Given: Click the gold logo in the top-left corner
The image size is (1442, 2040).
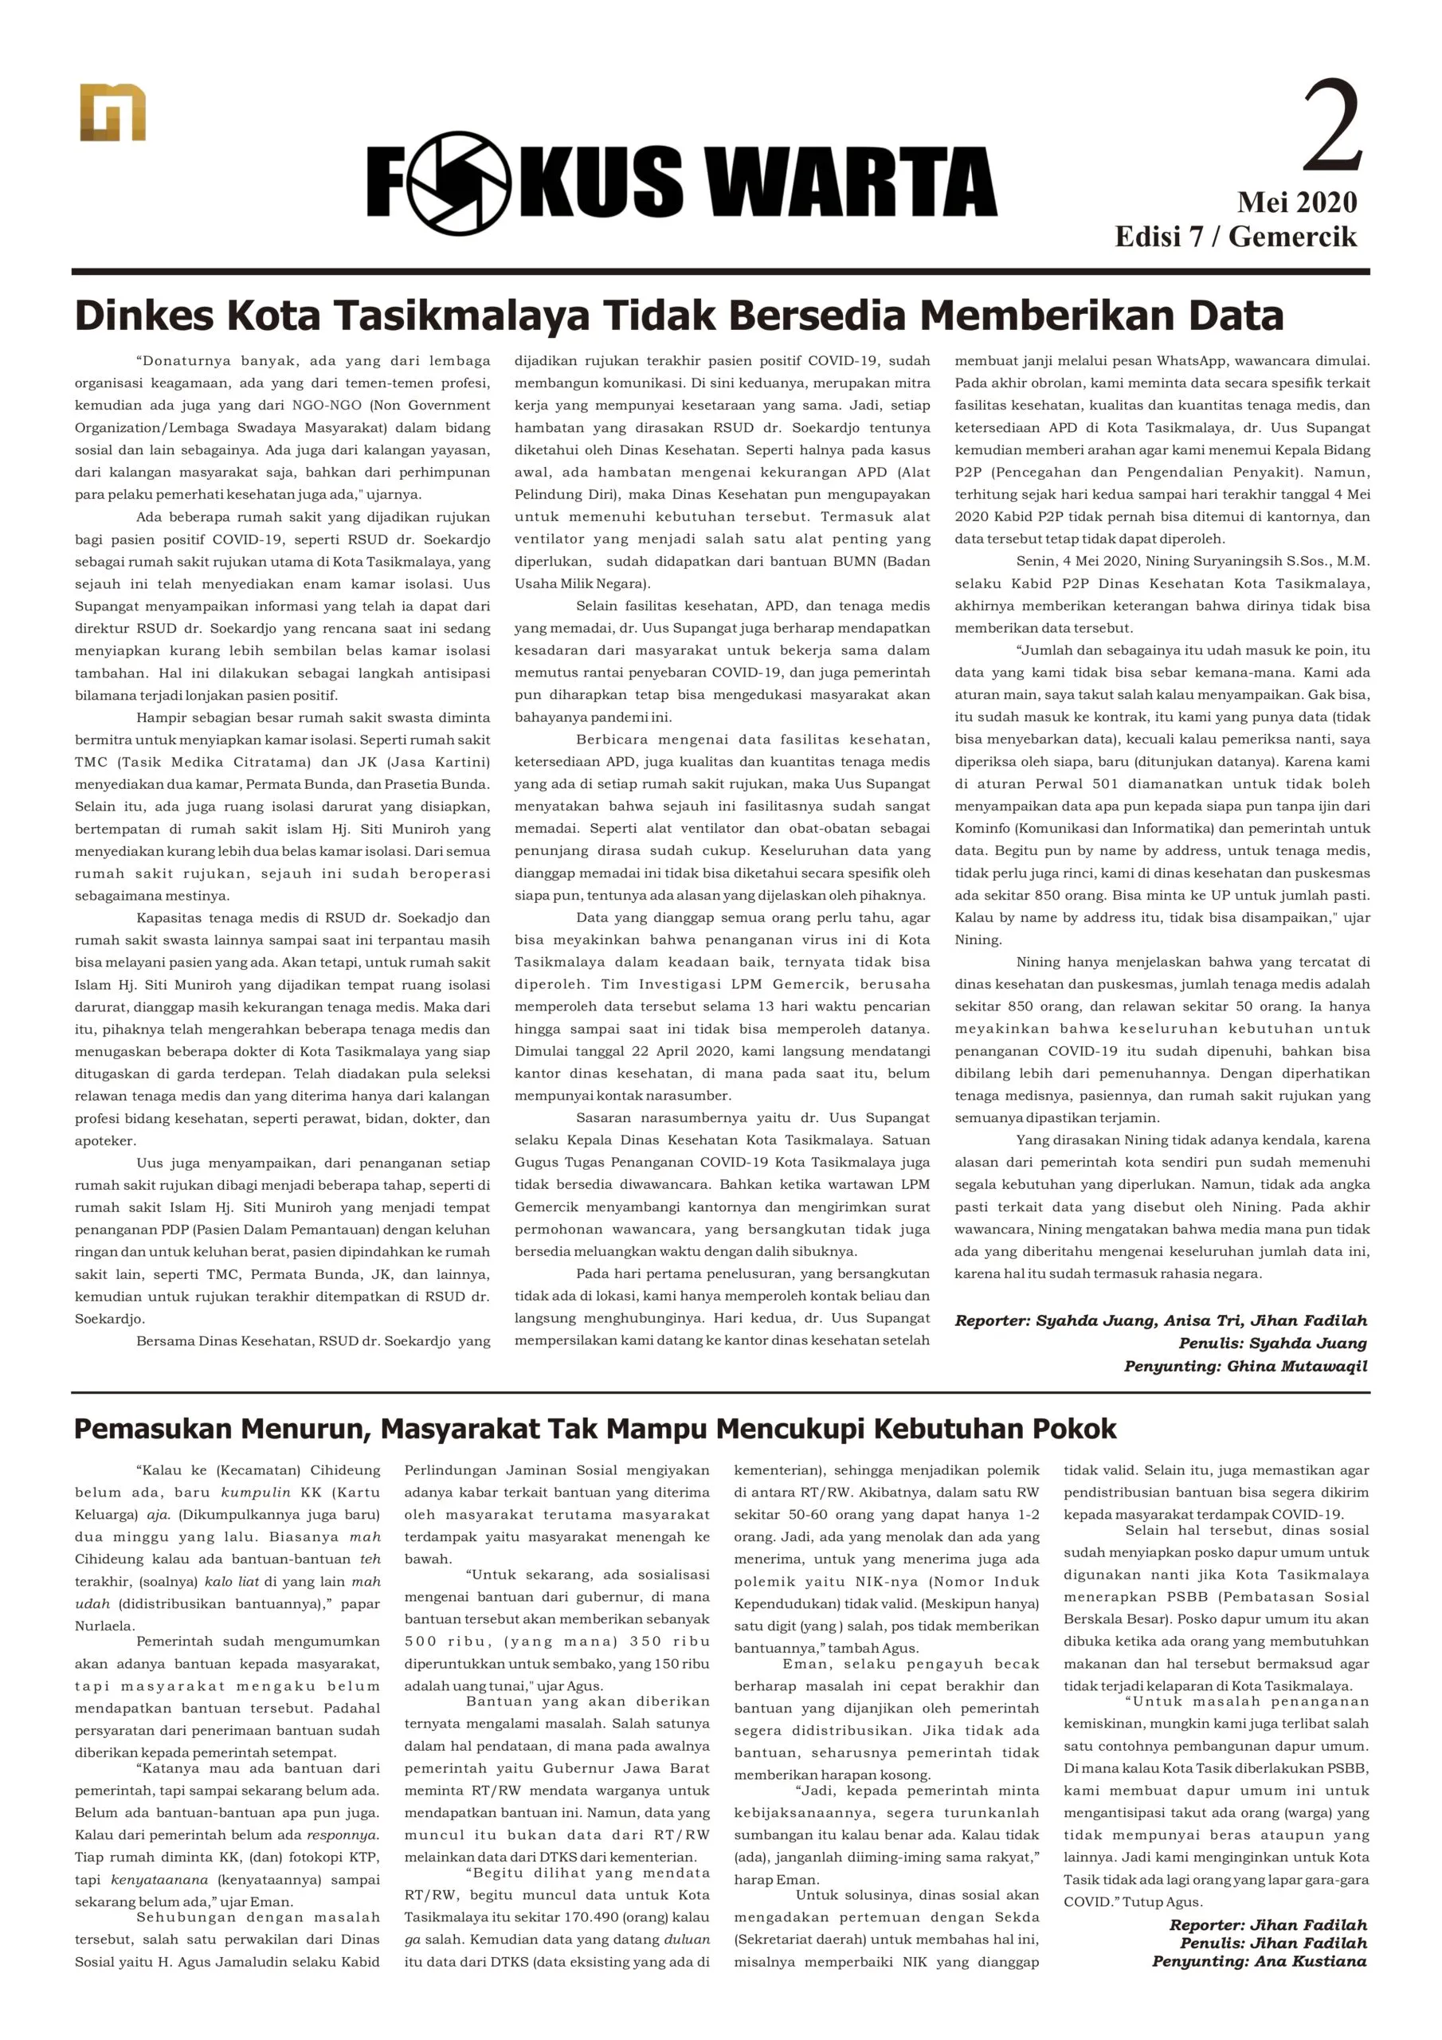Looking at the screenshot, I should (x=112, y=113).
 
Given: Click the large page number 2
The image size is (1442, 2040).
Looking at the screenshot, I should (x=1331, y=126).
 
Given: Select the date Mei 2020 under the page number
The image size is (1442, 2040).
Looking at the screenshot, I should (x=1296, y=202).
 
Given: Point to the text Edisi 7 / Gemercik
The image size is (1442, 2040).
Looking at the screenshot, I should (x=1236, y=237).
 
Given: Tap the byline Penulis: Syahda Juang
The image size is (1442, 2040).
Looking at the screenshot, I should (x=1272, y=1344).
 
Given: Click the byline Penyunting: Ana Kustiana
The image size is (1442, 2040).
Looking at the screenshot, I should (x=1259, y=1961).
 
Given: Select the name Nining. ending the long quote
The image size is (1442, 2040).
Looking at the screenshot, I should (x=978, y=940).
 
